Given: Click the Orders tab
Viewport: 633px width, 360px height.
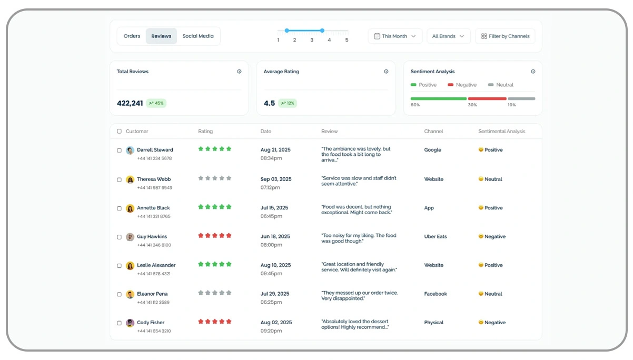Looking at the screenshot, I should [x=132, y=36].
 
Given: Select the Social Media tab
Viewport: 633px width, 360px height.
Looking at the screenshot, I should [x=198, y=36].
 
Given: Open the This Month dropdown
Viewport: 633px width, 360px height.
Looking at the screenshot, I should [x=394, y=36].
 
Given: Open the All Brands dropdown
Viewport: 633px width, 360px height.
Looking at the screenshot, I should [x=448, y=36].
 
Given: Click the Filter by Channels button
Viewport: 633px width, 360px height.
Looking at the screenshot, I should [x=505, y=36].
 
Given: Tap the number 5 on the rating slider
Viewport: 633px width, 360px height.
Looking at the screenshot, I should [x=347, y=40].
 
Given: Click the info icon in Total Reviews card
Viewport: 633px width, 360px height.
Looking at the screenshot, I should [x=239, y=72].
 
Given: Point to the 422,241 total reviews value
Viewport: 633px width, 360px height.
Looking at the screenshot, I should [x=130, y=103].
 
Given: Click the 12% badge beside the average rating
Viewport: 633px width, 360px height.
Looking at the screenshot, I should [x=288, y=103].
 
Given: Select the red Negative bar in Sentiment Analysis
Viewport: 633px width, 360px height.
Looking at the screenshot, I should [x=487, y=98].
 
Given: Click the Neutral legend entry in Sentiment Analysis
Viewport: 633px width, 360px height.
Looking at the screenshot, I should [x=501, y=85].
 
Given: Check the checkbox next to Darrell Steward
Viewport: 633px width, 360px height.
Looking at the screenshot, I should [x=119, y=151].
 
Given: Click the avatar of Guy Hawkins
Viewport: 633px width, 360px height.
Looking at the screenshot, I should [x=130, y=237].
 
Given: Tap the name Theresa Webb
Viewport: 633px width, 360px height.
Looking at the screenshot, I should [x=154, y=179].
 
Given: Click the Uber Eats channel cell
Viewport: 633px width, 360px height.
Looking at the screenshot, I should [x=436, y=236].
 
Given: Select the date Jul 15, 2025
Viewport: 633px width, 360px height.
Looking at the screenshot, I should [x=274, y=207].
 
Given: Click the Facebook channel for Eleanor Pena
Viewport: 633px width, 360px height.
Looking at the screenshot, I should [x=436, y=294].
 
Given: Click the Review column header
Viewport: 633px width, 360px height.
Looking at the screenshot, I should [x=330, y=131].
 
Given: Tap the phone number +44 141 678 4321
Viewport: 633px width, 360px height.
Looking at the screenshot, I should [x=154, y=274].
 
